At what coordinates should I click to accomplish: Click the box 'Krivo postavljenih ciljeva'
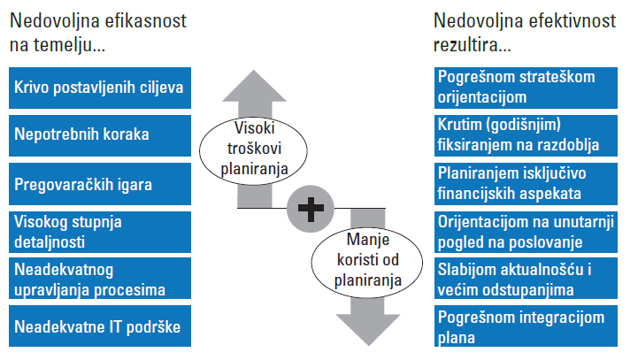tap(100, 88)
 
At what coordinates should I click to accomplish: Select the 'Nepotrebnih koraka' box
tap(100, 135)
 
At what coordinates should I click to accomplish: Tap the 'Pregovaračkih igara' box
tap(100, 184)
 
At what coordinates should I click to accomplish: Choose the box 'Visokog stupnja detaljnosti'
tap(100, 232)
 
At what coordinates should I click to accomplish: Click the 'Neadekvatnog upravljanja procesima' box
tap(100, 279)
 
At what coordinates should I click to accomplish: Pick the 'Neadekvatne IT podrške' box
tap(100, 326)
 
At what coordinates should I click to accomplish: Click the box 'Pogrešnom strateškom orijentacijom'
tap(526, 88)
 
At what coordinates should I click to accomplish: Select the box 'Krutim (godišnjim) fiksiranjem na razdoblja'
tap(526, 135)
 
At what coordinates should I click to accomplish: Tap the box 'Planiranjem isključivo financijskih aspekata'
tap(526, 184)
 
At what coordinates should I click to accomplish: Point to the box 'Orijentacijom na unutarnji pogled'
tap(526, 232)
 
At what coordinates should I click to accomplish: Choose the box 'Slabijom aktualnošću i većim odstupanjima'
tap(526, 279)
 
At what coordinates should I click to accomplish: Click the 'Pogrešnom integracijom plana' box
tap(526, 326)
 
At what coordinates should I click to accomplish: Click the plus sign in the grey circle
tap(311, 209)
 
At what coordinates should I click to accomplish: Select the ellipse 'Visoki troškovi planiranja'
tap(253, 150)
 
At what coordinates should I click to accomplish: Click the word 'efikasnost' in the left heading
tap(146, 20)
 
